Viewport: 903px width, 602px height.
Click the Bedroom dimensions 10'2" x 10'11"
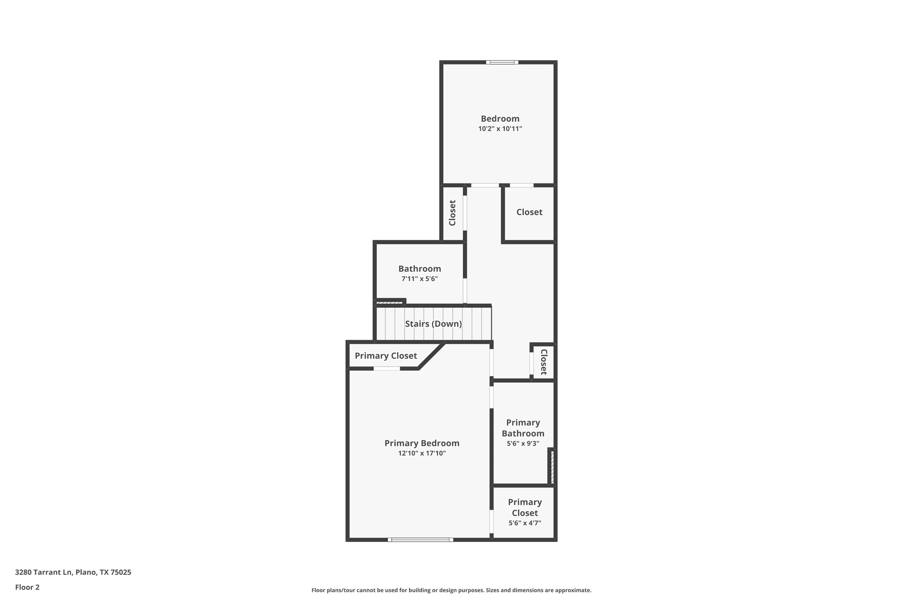tap(500, 129)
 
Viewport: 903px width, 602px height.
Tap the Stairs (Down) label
tap(433, 324)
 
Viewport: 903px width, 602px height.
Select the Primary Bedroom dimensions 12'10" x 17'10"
tap(422, 453)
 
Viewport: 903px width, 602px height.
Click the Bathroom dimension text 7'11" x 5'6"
tap(419, 279)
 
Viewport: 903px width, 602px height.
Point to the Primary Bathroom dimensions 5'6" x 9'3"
tap(523, 443)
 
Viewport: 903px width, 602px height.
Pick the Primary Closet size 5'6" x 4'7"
tap(525, 523)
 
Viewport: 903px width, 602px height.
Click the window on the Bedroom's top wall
tap(502, 62)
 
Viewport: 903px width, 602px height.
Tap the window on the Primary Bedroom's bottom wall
tap(420, 540)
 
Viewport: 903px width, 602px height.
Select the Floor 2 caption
tap(27, 587)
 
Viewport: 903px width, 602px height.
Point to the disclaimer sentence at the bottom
tap(451, 590)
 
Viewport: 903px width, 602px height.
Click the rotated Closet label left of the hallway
tap(452, 213)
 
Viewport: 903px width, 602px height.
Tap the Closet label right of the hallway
tap(529, 212)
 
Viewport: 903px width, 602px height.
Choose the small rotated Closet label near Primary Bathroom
tap(543, 362)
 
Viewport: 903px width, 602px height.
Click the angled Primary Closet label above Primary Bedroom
tap(385, 356)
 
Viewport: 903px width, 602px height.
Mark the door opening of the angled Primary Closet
tap(387, 368)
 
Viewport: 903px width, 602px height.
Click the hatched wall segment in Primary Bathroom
tap(552, 467)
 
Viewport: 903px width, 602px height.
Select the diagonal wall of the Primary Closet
tap(432, 356)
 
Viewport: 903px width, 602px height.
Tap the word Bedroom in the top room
tap(500, 119)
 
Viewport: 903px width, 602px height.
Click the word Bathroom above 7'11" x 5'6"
tap(419, 269)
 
